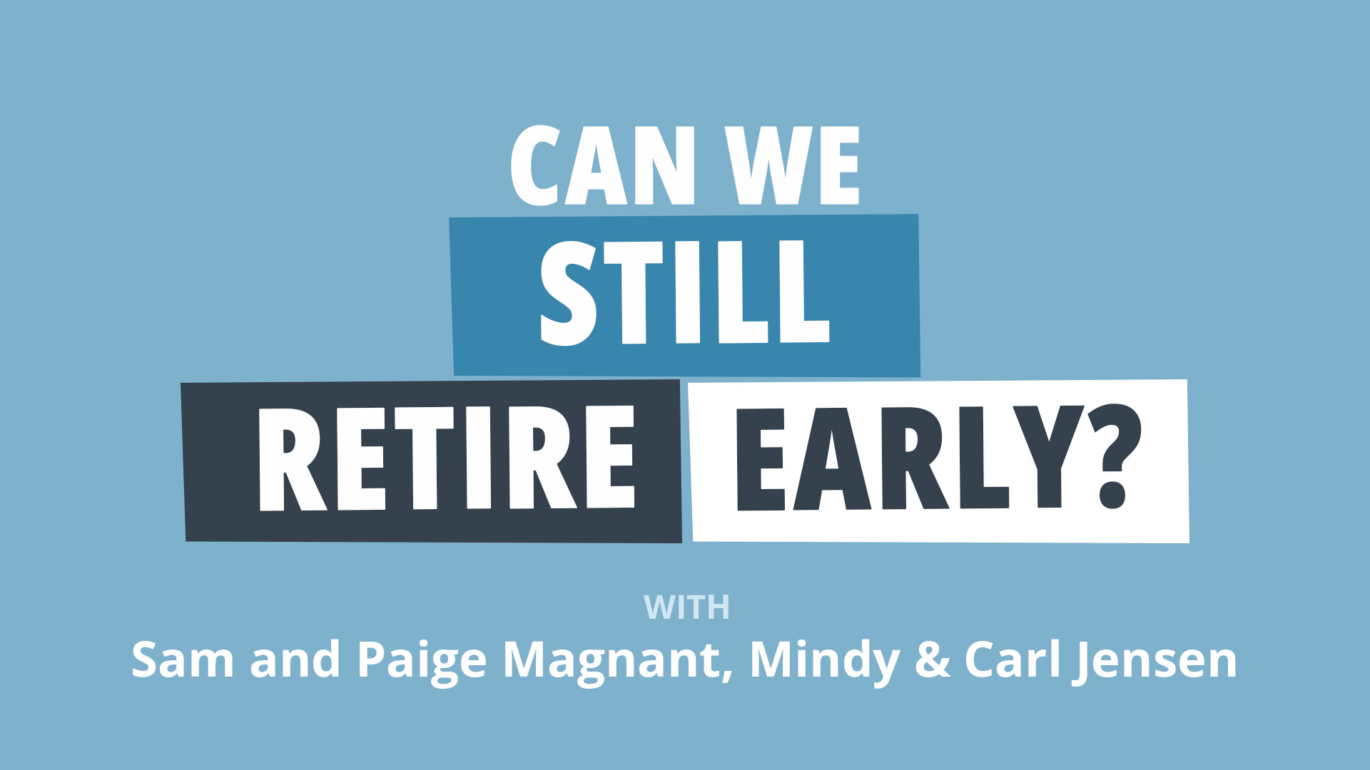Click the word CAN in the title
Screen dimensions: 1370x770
(603, 165)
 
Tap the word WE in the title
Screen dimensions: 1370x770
(793, 165)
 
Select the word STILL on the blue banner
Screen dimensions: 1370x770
(685, 292)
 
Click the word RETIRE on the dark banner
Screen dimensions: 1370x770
(447, 458)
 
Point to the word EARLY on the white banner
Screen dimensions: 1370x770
(910, 458)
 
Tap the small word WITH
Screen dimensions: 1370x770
(686, 607)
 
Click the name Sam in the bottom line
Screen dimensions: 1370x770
(183, 659)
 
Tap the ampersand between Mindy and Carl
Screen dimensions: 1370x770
(932, 659)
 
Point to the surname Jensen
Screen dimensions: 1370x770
(1156, 662)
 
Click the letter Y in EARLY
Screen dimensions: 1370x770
(1048, 457)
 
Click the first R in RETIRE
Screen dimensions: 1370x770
(293, 459)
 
